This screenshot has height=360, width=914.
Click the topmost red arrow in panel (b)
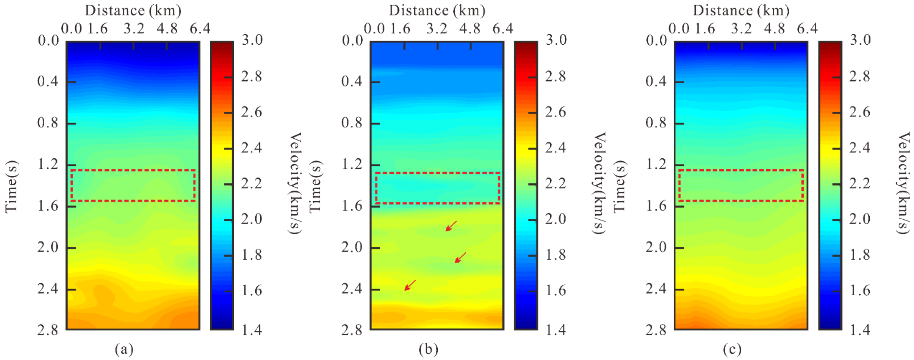(451, 226)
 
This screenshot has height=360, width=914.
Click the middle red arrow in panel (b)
(460, 258)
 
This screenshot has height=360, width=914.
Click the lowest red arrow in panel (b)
(410, 285)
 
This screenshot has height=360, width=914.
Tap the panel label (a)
(124, 349)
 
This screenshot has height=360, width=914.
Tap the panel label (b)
(428, 349)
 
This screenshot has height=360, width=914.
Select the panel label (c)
(732, 349)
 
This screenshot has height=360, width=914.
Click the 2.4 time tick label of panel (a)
(48, 289)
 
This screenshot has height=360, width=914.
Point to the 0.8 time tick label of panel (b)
(352, 123)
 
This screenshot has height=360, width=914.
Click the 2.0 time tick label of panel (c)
(656, 247)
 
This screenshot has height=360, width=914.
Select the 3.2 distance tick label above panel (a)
(134, 28)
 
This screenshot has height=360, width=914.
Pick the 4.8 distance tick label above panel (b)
(470, 28)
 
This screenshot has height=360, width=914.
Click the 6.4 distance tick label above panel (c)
(807, 28)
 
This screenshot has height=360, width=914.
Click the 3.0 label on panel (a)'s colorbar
(252, 40)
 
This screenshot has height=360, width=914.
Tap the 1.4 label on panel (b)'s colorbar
(556, 330)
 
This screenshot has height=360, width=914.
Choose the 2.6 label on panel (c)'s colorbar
(860, 112)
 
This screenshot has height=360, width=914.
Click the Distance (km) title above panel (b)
(437, 10)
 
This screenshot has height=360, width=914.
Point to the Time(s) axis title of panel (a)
(11, 186)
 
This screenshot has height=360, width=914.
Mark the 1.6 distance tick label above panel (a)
(98, 28)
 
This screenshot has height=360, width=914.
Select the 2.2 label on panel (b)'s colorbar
(556, 183)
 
